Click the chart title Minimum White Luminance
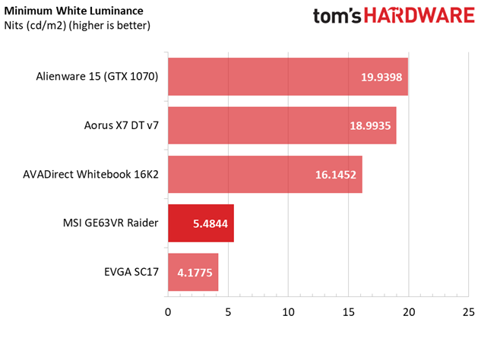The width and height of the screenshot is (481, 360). click(74, 11)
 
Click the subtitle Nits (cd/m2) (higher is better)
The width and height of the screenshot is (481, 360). click(78, 26)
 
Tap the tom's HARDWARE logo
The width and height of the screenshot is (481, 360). click(394, 16)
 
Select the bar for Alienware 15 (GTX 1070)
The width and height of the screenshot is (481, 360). click(288, 77)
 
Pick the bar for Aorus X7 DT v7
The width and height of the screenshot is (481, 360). click(282, 125)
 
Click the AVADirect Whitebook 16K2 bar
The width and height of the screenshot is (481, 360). click(265, 175)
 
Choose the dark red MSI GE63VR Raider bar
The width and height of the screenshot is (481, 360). click(201, 223)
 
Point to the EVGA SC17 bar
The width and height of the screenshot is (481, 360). click(193, 273)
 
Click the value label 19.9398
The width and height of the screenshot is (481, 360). click(381, 77)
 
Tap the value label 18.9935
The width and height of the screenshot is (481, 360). click(370, 126)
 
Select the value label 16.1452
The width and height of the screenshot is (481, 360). click(336, 175)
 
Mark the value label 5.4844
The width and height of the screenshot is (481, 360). click(210, 224)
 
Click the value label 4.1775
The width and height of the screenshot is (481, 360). click(195, 273)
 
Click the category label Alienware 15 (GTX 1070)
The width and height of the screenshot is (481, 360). click(97, 77)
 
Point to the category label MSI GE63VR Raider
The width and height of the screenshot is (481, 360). click(111, 223)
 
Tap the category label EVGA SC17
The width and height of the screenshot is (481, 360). click(131, 272)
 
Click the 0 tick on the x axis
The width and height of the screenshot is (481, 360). click(168, 312)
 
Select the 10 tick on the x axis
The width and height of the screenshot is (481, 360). click(288, 312)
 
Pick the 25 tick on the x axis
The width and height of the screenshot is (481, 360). click(468, 312)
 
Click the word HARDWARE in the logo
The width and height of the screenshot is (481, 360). click(419, 16)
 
